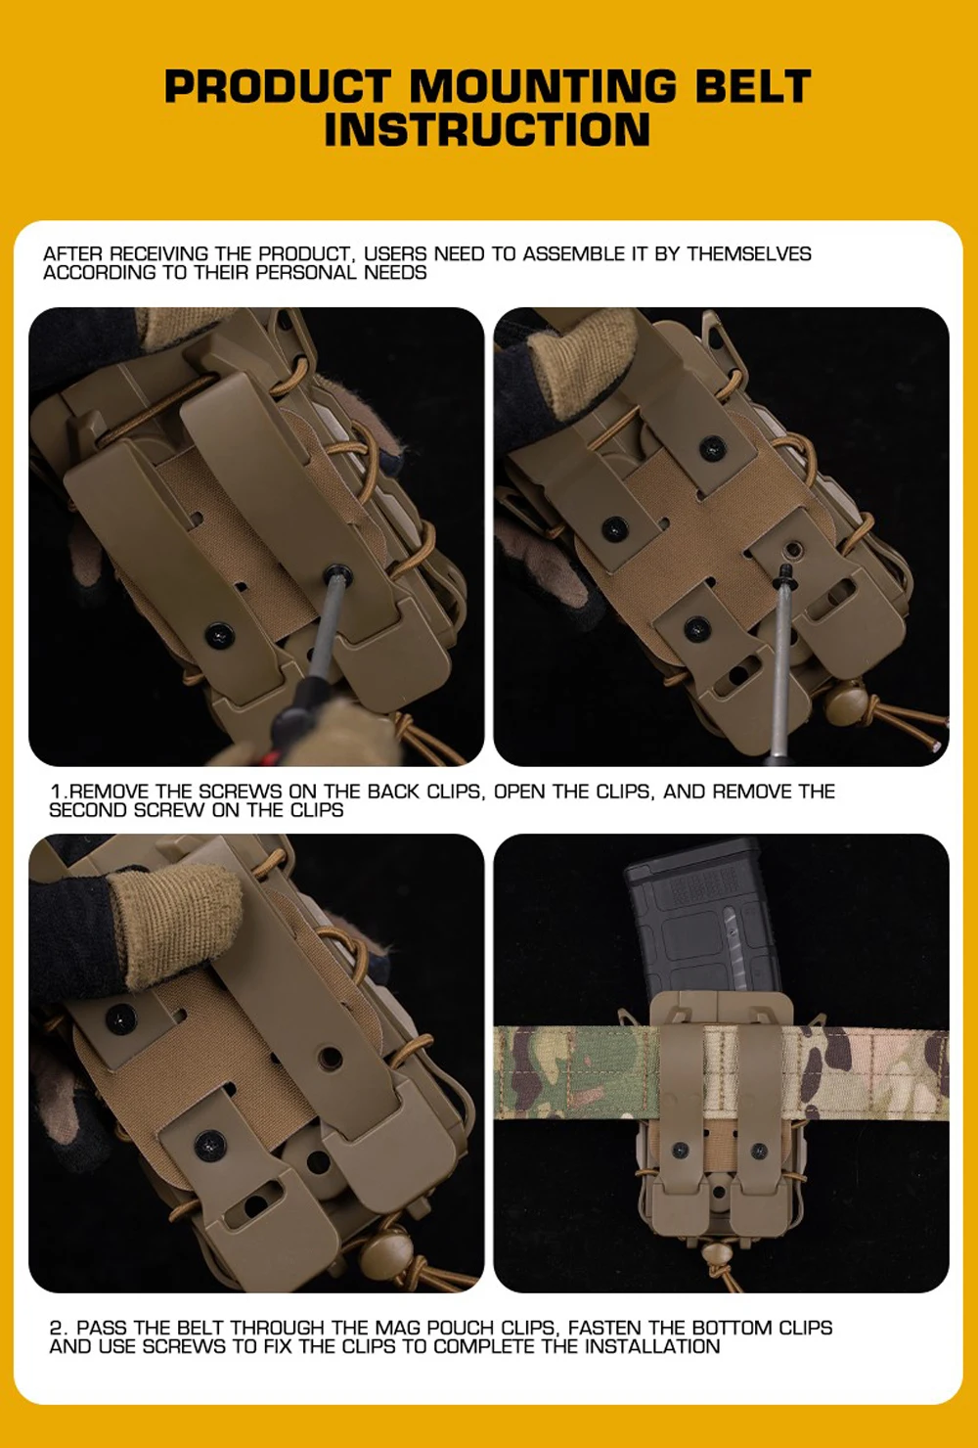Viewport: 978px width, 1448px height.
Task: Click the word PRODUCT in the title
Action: click(x=278, y=86)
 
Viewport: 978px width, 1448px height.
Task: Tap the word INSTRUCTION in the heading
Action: click(x=487, y=129)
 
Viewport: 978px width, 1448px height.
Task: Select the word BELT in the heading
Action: click(x=753, y=86)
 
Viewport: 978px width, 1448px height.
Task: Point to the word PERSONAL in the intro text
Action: click(x=305, y=273)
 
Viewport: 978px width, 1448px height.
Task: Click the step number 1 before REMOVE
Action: click(x=56, y=792)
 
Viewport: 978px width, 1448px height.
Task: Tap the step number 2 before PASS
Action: click(x=57, y=1328)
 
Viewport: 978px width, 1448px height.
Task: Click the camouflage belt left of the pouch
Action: click(x=575, y=1073)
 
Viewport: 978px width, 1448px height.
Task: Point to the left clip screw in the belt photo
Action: click(x=680, y=1151)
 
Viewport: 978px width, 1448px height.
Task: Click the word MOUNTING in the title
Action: click(x=543, y=86)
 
